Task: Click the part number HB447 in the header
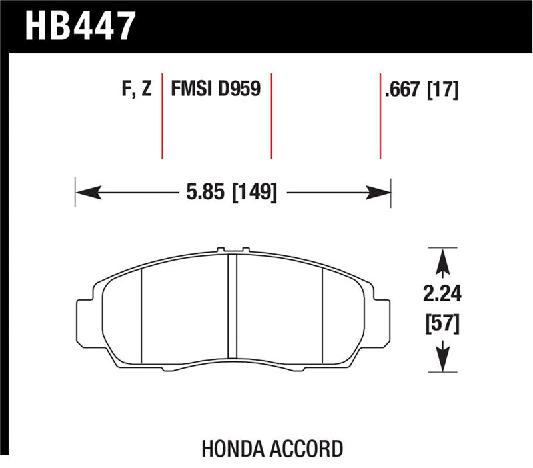(x=80, y=26)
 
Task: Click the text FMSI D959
(x=215, y=89)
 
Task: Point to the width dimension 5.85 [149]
(x=229, y=193)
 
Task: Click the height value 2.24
(x=440, y=294)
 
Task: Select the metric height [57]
(x=440, y=325)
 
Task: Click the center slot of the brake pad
(x=233, y=307)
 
